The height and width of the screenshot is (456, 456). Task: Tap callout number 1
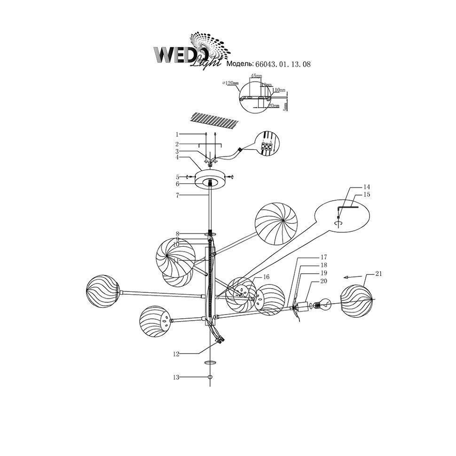pos(177,134)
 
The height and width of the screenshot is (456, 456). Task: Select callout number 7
pos(177,194)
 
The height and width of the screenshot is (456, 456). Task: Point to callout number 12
pos(176,354)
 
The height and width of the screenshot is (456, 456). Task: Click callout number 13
pos(176,377)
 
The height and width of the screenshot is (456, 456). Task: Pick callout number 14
pos(367,187)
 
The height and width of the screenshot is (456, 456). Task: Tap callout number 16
pos(266,277)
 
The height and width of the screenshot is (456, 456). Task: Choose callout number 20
pos(323,281)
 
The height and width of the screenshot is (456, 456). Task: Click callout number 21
pos(379,273)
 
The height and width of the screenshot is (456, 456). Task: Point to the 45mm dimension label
pos(256,76)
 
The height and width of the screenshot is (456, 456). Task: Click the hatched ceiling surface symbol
pos(214,120)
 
